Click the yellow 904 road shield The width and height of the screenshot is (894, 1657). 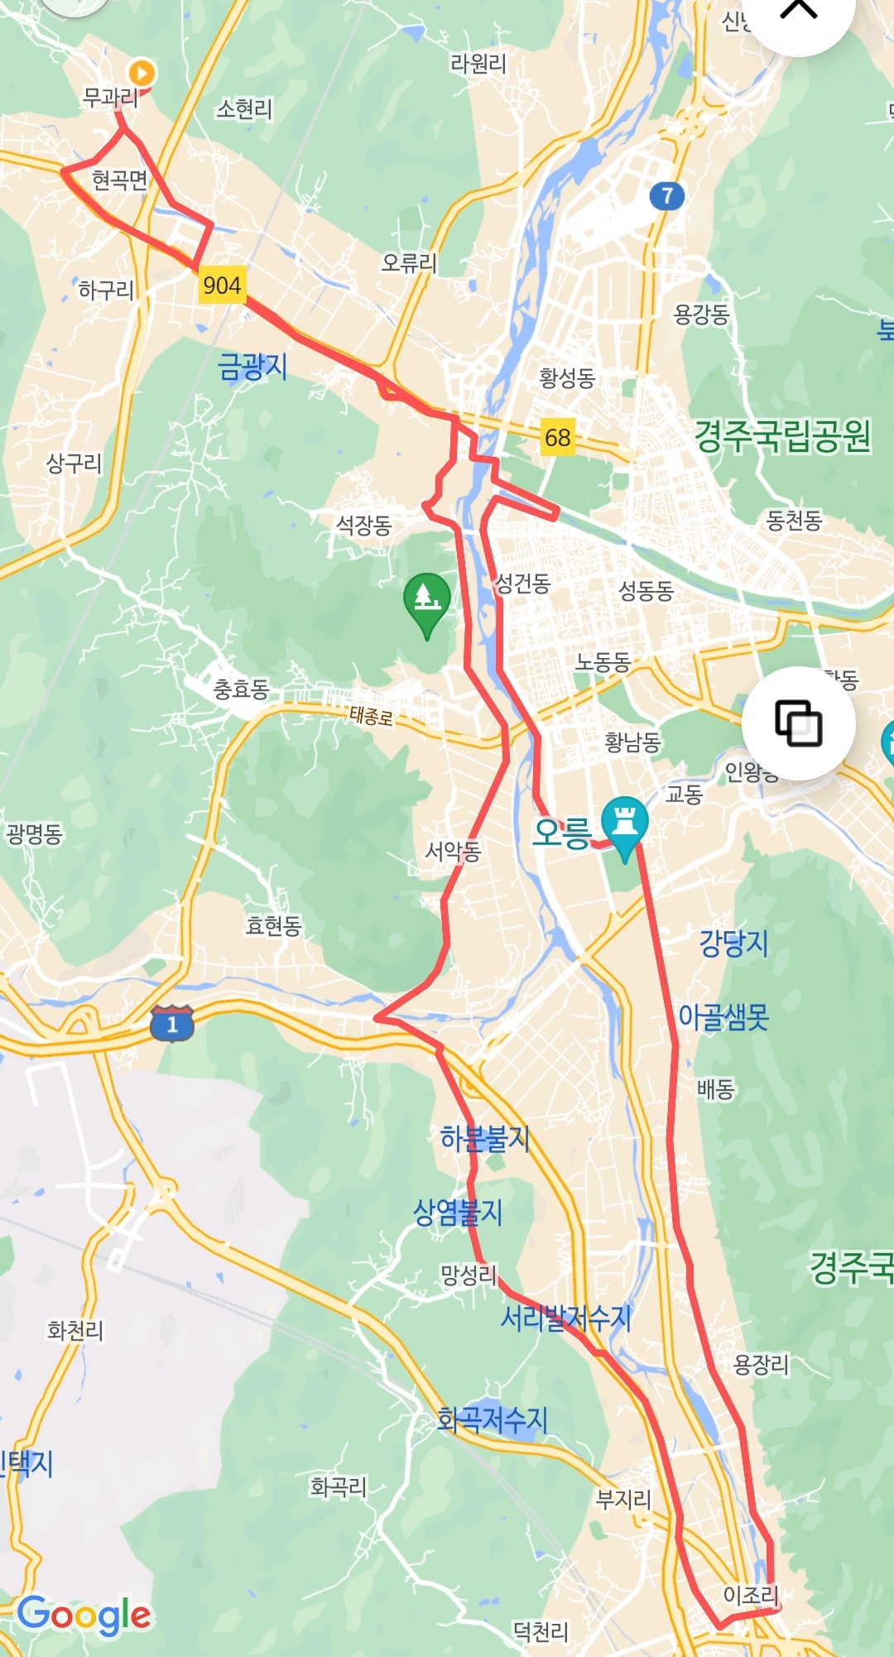222,286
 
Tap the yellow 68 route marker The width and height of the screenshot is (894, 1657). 557,436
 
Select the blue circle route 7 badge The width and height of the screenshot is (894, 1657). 666,196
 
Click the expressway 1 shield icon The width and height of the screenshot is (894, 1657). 171,1023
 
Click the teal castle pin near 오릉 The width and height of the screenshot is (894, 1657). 625,824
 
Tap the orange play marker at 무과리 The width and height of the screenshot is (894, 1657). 142,73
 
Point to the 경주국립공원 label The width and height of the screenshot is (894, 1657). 782,436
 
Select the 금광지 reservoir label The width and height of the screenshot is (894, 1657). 252,366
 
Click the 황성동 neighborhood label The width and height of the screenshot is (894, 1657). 567,378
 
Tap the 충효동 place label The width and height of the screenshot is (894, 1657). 241,689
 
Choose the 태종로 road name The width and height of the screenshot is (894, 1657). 371,715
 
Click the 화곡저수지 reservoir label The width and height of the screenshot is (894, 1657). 493,1420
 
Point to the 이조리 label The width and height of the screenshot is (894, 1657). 751,1594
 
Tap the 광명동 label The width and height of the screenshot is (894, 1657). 34,833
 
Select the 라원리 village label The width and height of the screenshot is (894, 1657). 478,63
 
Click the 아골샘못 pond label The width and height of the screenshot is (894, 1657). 723,1016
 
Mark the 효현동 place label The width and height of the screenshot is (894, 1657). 273,925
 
